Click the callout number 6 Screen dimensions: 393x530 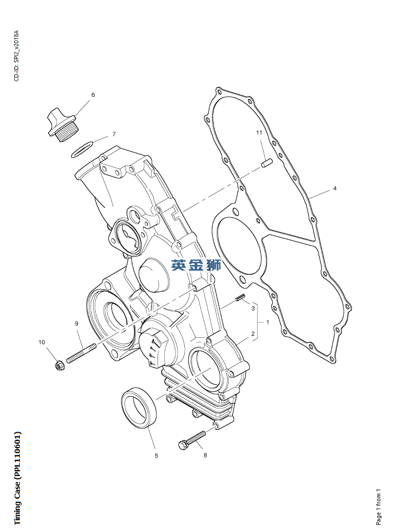coord(93,95)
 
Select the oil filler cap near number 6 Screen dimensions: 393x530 coord(62,125)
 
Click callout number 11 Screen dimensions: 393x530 coord(259,132)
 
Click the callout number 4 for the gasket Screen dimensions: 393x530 coord(335,188)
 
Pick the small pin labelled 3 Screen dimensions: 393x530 coord(240,297)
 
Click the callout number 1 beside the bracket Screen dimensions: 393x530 coord(268,322)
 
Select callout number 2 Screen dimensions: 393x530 coord(253,334)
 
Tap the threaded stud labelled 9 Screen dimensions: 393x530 coord(81,352)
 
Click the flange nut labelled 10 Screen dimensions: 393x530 coord(60,365)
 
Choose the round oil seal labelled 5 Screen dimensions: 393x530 coord(139,409)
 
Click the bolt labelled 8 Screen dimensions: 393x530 coord(192,440)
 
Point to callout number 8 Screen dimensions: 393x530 coord(205,455)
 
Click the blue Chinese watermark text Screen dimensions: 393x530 coord(196,266)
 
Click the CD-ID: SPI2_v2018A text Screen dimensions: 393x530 coord(17,56)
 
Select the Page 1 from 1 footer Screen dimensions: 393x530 coord(378,506)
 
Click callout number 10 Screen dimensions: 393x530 coord(41,343)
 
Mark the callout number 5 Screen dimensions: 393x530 coord(156,456)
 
